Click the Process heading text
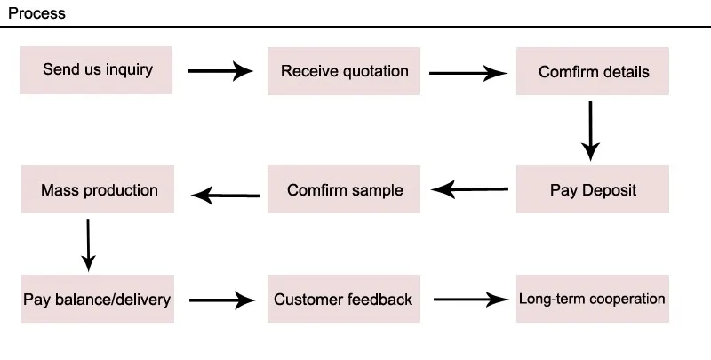coord(36,13)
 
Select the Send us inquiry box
coord(96,70)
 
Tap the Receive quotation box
coord(344,71)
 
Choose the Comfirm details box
coord(593,71)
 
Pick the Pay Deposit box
coord(593,189)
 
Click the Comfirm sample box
coord(344,189)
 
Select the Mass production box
coord(98,189)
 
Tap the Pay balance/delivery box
coord(98,299)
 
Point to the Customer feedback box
coord(344,299)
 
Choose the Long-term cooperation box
coord(593,299)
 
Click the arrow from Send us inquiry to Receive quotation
coord(220,71)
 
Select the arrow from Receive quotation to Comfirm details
coord(468,73)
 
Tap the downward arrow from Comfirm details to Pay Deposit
coord(590,131)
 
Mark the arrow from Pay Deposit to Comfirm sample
coord(470,189)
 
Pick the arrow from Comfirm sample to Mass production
coord(226,196)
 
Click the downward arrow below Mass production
coord(88,245)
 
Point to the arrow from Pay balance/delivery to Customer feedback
coord(221,300)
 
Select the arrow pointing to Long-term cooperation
coord(471,300)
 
